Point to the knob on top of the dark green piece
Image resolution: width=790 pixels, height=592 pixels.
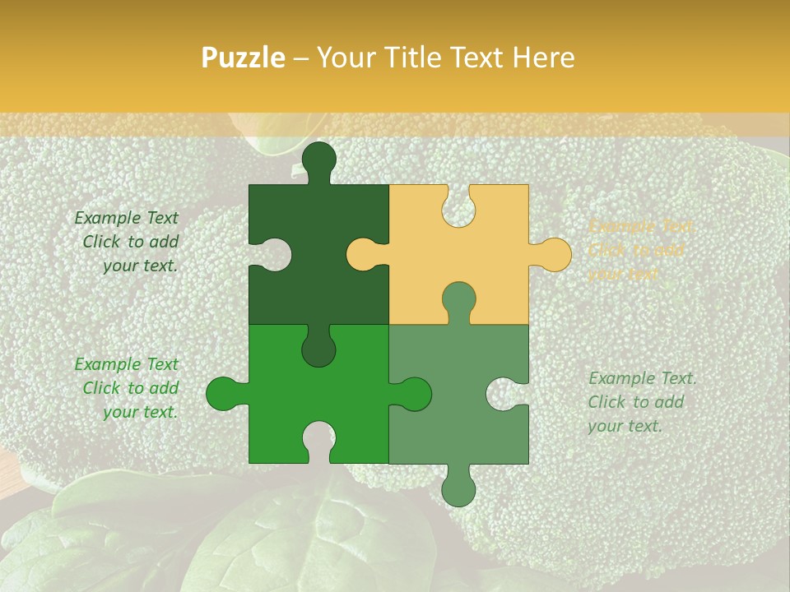pyautogui.click(x=318, y=160)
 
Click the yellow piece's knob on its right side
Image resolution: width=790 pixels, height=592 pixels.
pyautogui.click(x=551, y=254)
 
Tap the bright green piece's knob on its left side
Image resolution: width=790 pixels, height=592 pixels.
pyautogui.click(x=225, y=395)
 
